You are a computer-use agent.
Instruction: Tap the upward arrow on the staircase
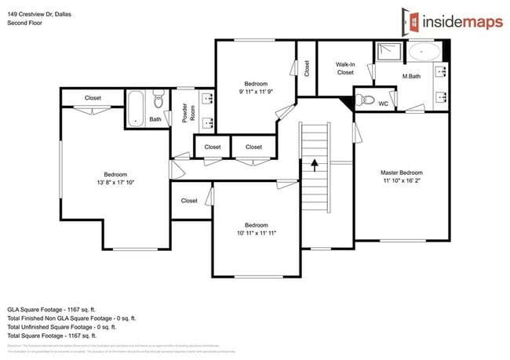(x=314, y=165)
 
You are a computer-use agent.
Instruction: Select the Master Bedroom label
(x=401, y=173)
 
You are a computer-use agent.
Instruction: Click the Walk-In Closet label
(x=345, y=67)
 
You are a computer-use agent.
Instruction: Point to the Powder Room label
(x=189, y=114)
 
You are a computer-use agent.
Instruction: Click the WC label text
(x=384, y=103)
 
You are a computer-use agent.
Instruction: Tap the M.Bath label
(x=413, y=76)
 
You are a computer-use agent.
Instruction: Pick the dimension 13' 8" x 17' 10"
(x=115, y=184)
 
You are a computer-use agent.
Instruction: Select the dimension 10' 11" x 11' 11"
(x=256, y=233)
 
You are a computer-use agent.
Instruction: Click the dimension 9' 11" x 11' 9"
(x=255, y=93)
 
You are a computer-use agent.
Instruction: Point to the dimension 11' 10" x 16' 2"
(x=401, y=181)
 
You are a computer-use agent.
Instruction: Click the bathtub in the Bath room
(x=136, y=107)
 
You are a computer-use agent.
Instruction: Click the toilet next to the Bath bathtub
(x=158, y=100)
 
